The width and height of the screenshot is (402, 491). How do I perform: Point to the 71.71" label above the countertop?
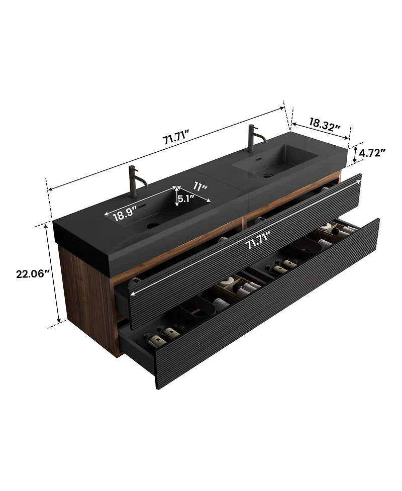pyautogui.click(x=175, y=140)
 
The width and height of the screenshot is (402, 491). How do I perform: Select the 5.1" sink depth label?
pyautogui.click(x=186, y=199)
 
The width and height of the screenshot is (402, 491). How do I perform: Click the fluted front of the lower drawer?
pyautogui.click(x=261, y=322)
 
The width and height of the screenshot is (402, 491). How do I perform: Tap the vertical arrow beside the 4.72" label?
pyautogui.click(x=356, y=153)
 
